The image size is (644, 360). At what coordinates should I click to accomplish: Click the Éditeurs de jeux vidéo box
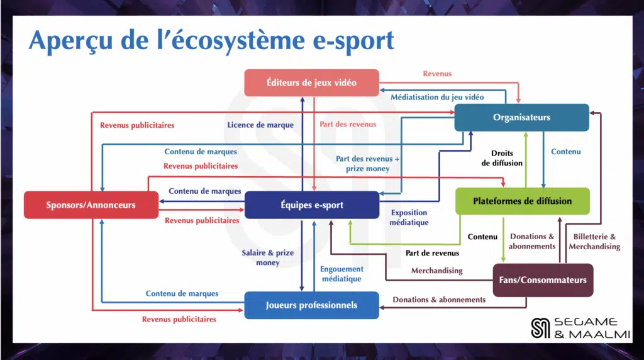(311, 82)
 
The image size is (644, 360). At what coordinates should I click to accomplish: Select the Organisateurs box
(521, 117)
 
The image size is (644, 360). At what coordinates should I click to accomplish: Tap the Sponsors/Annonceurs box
(91, 205)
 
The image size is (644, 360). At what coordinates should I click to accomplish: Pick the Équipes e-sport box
(311, 205)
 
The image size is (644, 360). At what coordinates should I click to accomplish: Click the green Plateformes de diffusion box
(522, 201)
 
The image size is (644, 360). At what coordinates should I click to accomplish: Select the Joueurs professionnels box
(311, 305)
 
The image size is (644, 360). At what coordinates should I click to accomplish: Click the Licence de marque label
(260, 125)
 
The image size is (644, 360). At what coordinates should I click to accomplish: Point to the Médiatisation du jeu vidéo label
(437, 98)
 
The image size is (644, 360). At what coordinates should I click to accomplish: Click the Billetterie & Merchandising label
(594, 242)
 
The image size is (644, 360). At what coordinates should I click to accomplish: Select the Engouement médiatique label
(341, 273)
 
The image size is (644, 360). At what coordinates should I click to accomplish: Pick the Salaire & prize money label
(267, 257)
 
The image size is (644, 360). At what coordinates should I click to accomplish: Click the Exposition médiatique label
(409, 217)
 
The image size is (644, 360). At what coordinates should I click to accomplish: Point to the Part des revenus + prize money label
(367, 164)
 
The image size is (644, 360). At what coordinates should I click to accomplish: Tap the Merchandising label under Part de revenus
(436, 271)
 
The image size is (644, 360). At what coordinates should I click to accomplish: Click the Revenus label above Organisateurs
(437, 74)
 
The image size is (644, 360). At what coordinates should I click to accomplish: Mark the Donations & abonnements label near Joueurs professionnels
(439, 300)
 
